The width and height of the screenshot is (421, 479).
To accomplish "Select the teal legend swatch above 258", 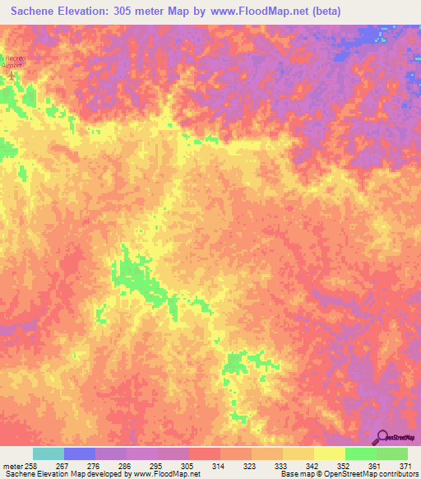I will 48,453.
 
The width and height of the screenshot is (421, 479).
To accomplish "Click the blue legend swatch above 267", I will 79,453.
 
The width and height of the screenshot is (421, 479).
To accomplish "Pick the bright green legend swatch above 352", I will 360,453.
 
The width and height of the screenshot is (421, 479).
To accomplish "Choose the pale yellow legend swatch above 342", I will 329,453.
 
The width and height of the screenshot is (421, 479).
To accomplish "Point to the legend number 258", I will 30,465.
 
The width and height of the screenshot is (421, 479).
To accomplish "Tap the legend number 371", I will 404,465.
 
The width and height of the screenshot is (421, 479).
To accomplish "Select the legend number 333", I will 280,465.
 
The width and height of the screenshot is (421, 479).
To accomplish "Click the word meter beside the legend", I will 12,465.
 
